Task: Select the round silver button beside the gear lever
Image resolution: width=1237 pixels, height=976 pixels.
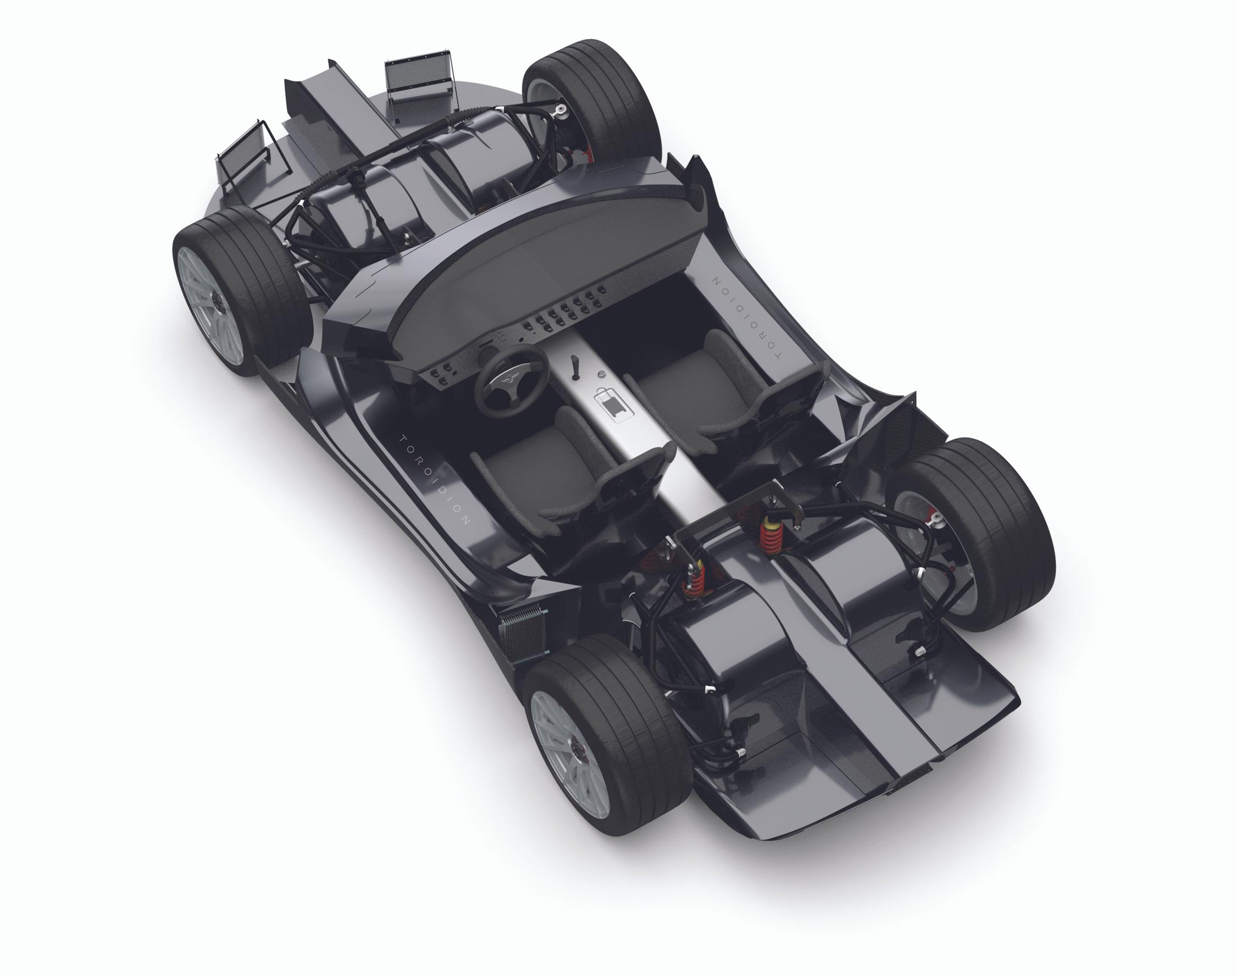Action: [x=601, y=374]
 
